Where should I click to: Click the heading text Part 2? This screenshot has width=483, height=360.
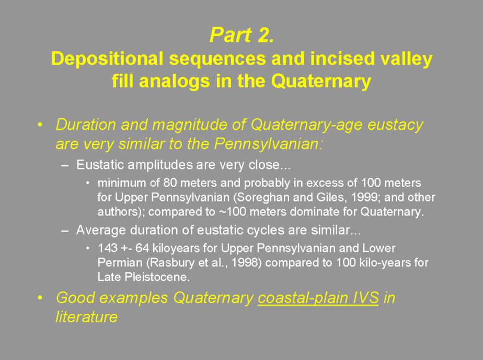tap(242, 35)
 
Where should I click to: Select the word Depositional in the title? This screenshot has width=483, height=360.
tap(107, 59)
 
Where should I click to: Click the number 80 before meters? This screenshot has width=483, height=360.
tap(170, 183)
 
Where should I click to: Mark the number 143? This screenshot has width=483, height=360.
tap(108, 248)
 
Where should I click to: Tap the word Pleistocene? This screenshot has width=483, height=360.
tap(157, 277)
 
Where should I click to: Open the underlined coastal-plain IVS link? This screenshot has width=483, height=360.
tap(318, 298)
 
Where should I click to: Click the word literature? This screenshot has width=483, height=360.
tap(87, 317)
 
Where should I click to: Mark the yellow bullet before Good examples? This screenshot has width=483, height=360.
tap(40, 298)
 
